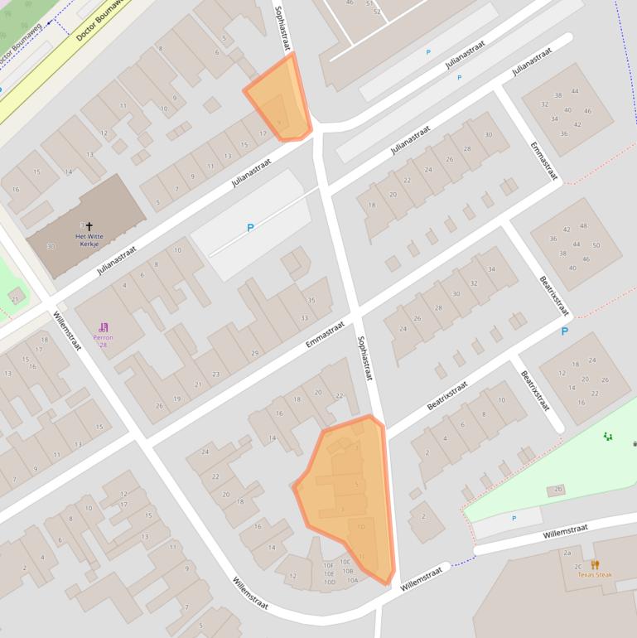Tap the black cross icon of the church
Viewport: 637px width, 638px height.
click(x=89, y=225)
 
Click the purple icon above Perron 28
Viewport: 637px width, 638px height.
click(x=104, y=327)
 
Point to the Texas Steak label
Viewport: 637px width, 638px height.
click(x=594, y=575)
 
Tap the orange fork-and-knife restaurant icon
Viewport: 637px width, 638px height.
click(x=595, y=565)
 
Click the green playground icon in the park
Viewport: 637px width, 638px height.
click(x=607, y=436)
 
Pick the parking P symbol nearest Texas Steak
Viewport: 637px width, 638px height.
click(x=514, y=519)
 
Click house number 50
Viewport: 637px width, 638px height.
click(x=596, y=245)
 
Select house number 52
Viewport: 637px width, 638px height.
click(x=377, y=12)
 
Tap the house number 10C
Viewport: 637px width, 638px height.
click(x=345, y=562)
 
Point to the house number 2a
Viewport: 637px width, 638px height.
click(x=567, y=553)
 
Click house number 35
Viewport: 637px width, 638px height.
click(x=311, y=301)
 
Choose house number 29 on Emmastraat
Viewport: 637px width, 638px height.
click(x=254, y=354)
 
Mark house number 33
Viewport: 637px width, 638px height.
click(x=305, y=318)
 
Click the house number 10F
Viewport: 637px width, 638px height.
click(x=329, y=564)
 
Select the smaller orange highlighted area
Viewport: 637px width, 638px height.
click(x=280, y=99)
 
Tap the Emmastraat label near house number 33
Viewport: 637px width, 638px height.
click(x=325, y=335)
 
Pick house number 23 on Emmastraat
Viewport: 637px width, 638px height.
click(x=215, y=375)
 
